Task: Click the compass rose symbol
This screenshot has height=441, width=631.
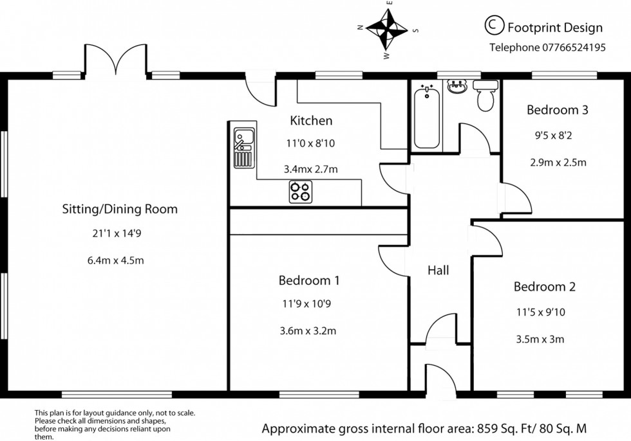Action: click(388, 29)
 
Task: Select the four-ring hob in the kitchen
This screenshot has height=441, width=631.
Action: click(299, 191)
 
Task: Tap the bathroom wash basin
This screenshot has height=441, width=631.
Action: click(458, 87)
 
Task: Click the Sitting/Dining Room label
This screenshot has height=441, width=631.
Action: click(119, 209)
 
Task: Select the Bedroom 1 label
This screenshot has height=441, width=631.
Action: click(309, 280)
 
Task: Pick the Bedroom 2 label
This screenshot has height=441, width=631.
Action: click(544, 287)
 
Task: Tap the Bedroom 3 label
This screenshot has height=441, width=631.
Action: click(557, 110)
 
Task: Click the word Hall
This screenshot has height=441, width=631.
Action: click(438, 271)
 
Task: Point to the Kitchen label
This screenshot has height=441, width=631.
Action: click(311, 120)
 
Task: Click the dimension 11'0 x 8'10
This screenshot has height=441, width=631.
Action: click(311, 143)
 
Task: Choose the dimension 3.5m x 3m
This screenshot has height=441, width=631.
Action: click(540, 339)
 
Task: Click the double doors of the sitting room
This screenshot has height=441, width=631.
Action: click(117, 59)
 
